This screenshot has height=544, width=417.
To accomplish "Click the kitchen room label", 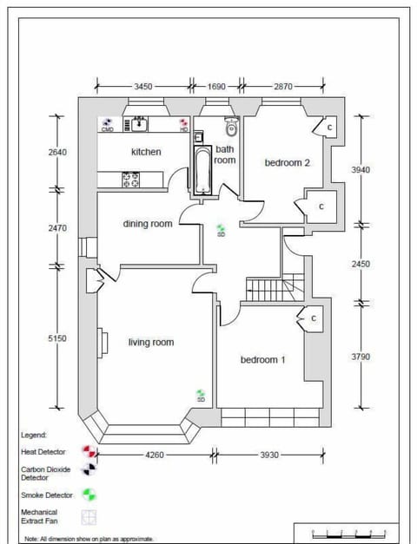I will (x=146, y=152).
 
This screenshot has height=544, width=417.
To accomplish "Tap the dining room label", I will (x=147, y=224).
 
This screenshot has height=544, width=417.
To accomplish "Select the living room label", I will (x=150, y=342).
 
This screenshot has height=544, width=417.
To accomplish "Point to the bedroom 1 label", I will (x=263, y=359).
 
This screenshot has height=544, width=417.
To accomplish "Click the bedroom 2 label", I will (x=288, y=161).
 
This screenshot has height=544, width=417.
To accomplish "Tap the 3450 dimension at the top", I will (x=143, y=87).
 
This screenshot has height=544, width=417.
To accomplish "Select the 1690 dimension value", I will (x=217, y=87).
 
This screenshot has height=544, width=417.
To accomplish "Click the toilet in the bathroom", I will (x=230, y=129).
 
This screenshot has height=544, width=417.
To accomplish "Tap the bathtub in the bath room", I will (x=201, y=169).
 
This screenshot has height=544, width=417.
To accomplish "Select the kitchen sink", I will (x=139, y=125).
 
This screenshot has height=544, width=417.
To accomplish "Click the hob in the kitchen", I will (x=131, y=180).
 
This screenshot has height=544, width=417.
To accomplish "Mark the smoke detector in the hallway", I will (x=221, y=229).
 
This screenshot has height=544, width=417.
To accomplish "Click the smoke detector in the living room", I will (x=201, y=395).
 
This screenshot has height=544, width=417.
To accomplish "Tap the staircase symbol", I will (x=271, y=288).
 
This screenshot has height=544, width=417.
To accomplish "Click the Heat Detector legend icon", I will (x=88, y=452).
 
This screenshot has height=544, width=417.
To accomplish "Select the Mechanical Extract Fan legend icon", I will (x=88, y=517).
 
